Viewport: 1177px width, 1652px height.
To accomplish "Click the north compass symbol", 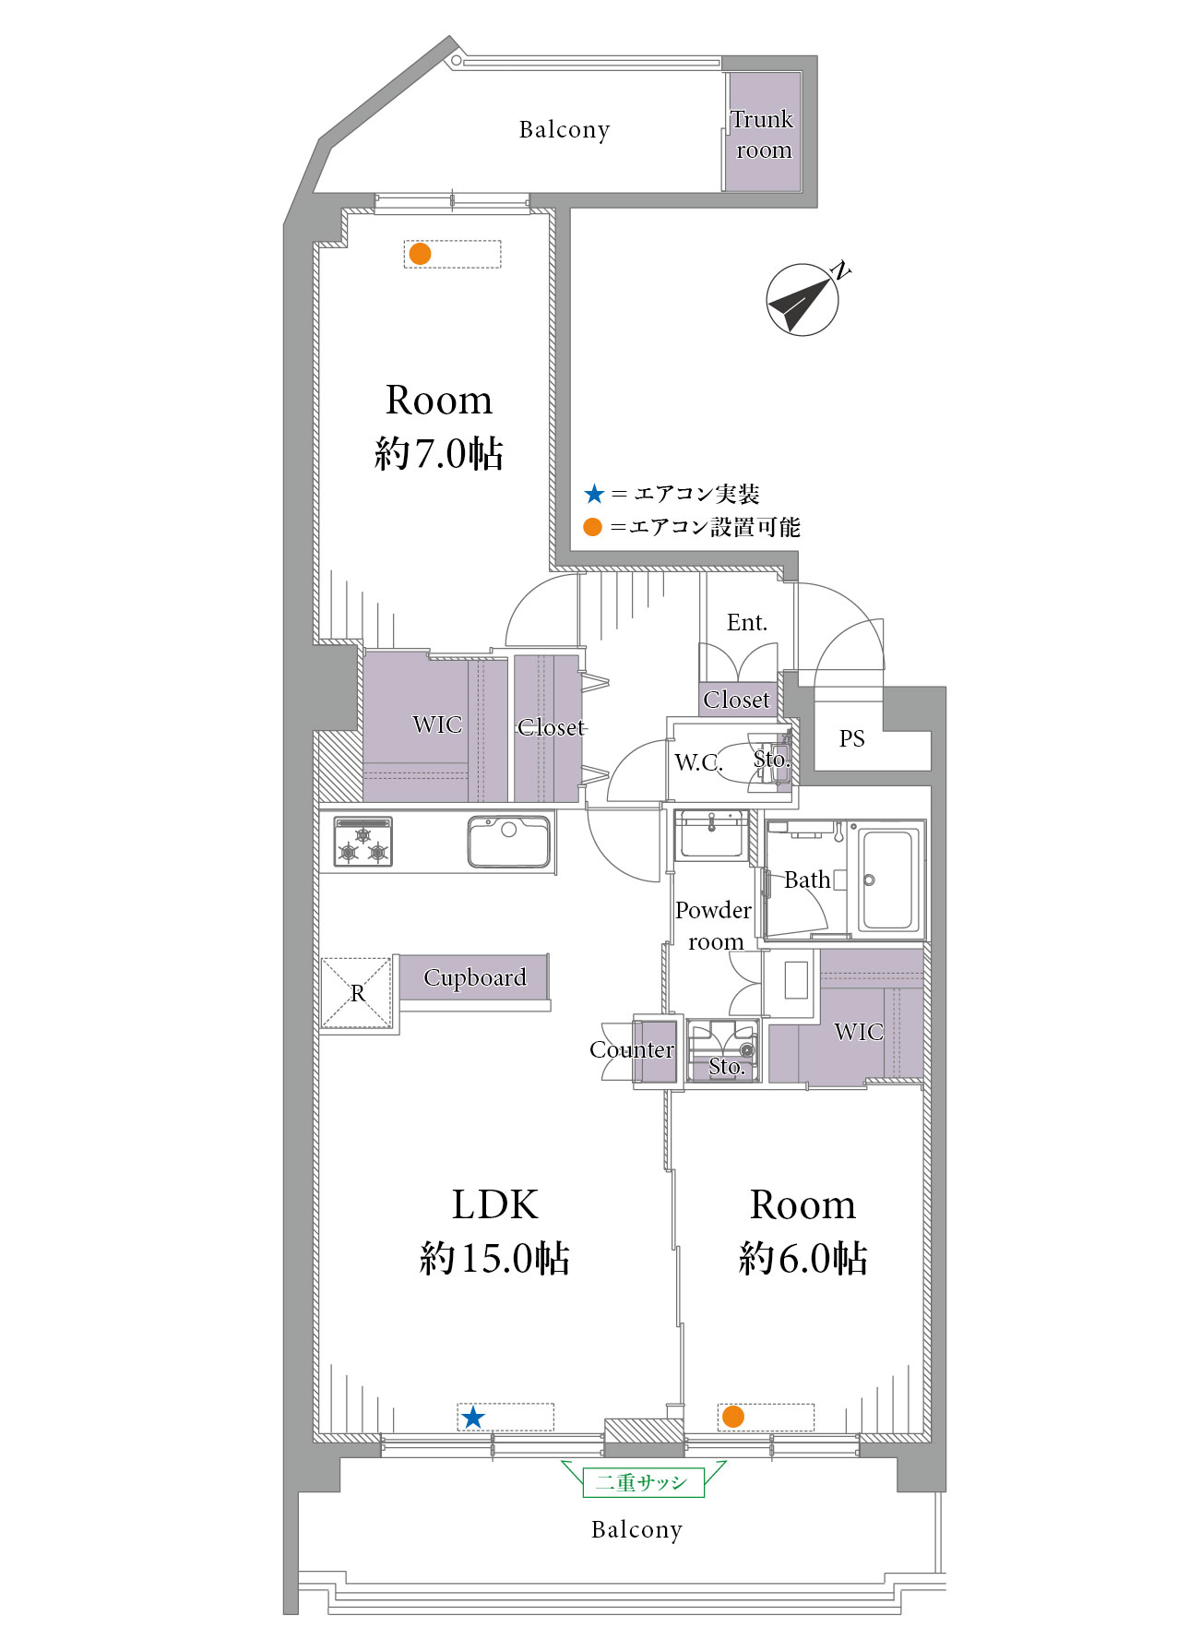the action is point(802,300).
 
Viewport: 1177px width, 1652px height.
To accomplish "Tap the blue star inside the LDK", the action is point(473,1417).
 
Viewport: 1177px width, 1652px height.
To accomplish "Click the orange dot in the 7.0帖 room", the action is point(420,254).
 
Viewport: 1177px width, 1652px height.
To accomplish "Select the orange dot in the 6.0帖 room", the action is point(733,1417).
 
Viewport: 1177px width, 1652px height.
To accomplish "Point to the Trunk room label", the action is point(763,135).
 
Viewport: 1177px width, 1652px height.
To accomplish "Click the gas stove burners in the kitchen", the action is point(363,842).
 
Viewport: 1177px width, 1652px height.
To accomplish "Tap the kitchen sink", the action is point(509,842).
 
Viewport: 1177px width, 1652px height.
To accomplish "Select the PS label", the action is point(852,738).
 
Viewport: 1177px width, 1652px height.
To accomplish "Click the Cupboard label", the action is point(475,977).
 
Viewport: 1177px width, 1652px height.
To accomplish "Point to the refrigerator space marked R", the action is point(357,993).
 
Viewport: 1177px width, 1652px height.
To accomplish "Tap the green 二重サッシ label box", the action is point(643,1482).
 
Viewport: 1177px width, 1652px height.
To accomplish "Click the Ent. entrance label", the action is point(746,623).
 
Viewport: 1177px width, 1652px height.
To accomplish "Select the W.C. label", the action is point(698,762).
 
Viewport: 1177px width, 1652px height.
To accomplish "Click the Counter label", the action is point(632,1050).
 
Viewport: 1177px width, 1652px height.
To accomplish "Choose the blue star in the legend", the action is point(594,495).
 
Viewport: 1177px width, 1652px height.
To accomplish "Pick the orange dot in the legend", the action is point(593,527).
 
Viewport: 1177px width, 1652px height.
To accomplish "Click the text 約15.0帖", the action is point(494,1258).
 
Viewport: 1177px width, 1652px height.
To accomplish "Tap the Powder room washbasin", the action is point(711,834).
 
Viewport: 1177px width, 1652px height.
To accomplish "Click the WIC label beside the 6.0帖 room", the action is point(859,1032).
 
